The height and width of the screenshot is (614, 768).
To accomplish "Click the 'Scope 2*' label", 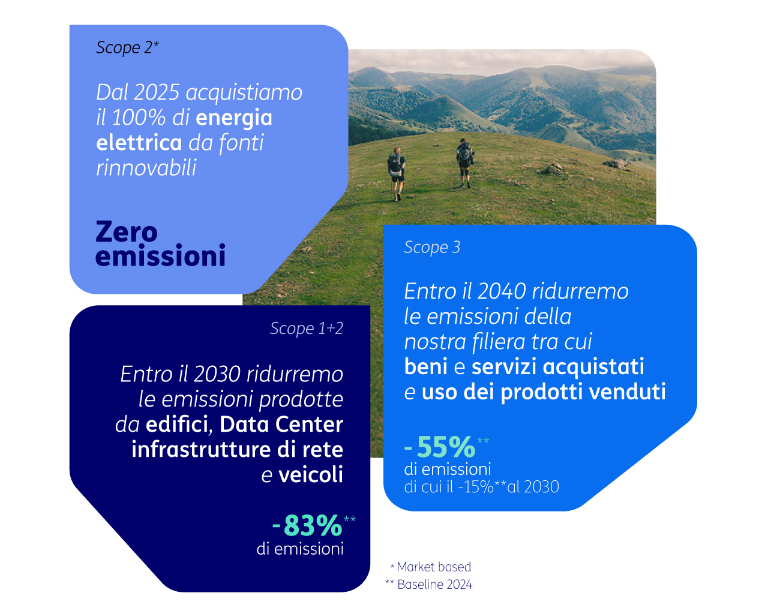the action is click(127, 48).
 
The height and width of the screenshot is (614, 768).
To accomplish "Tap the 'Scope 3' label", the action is click(432, 247).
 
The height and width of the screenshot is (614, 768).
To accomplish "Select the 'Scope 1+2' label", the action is click(307, 328).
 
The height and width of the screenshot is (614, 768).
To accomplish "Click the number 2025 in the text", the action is click(157, 92).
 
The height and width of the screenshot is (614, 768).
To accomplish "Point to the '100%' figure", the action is click(139, 118).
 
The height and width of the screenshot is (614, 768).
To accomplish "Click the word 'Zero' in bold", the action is click(127, 232).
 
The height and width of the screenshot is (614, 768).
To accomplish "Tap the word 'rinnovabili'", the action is click(146, 168).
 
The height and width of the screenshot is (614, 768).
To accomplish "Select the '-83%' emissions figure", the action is click(307, 525).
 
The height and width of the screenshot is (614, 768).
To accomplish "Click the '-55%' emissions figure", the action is click(440, 447).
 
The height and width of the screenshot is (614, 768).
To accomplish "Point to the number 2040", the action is click(502, 291).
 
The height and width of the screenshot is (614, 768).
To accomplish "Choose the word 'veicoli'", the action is click(311, 474).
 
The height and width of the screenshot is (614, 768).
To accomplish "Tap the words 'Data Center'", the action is click(281, 424).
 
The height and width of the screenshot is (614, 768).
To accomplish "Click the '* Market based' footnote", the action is click(431, 567).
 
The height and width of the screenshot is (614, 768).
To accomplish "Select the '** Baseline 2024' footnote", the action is click(428, 585).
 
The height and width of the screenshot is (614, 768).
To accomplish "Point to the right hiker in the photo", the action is click(464, 163).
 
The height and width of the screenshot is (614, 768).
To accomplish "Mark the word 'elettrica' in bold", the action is click(139, 143).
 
